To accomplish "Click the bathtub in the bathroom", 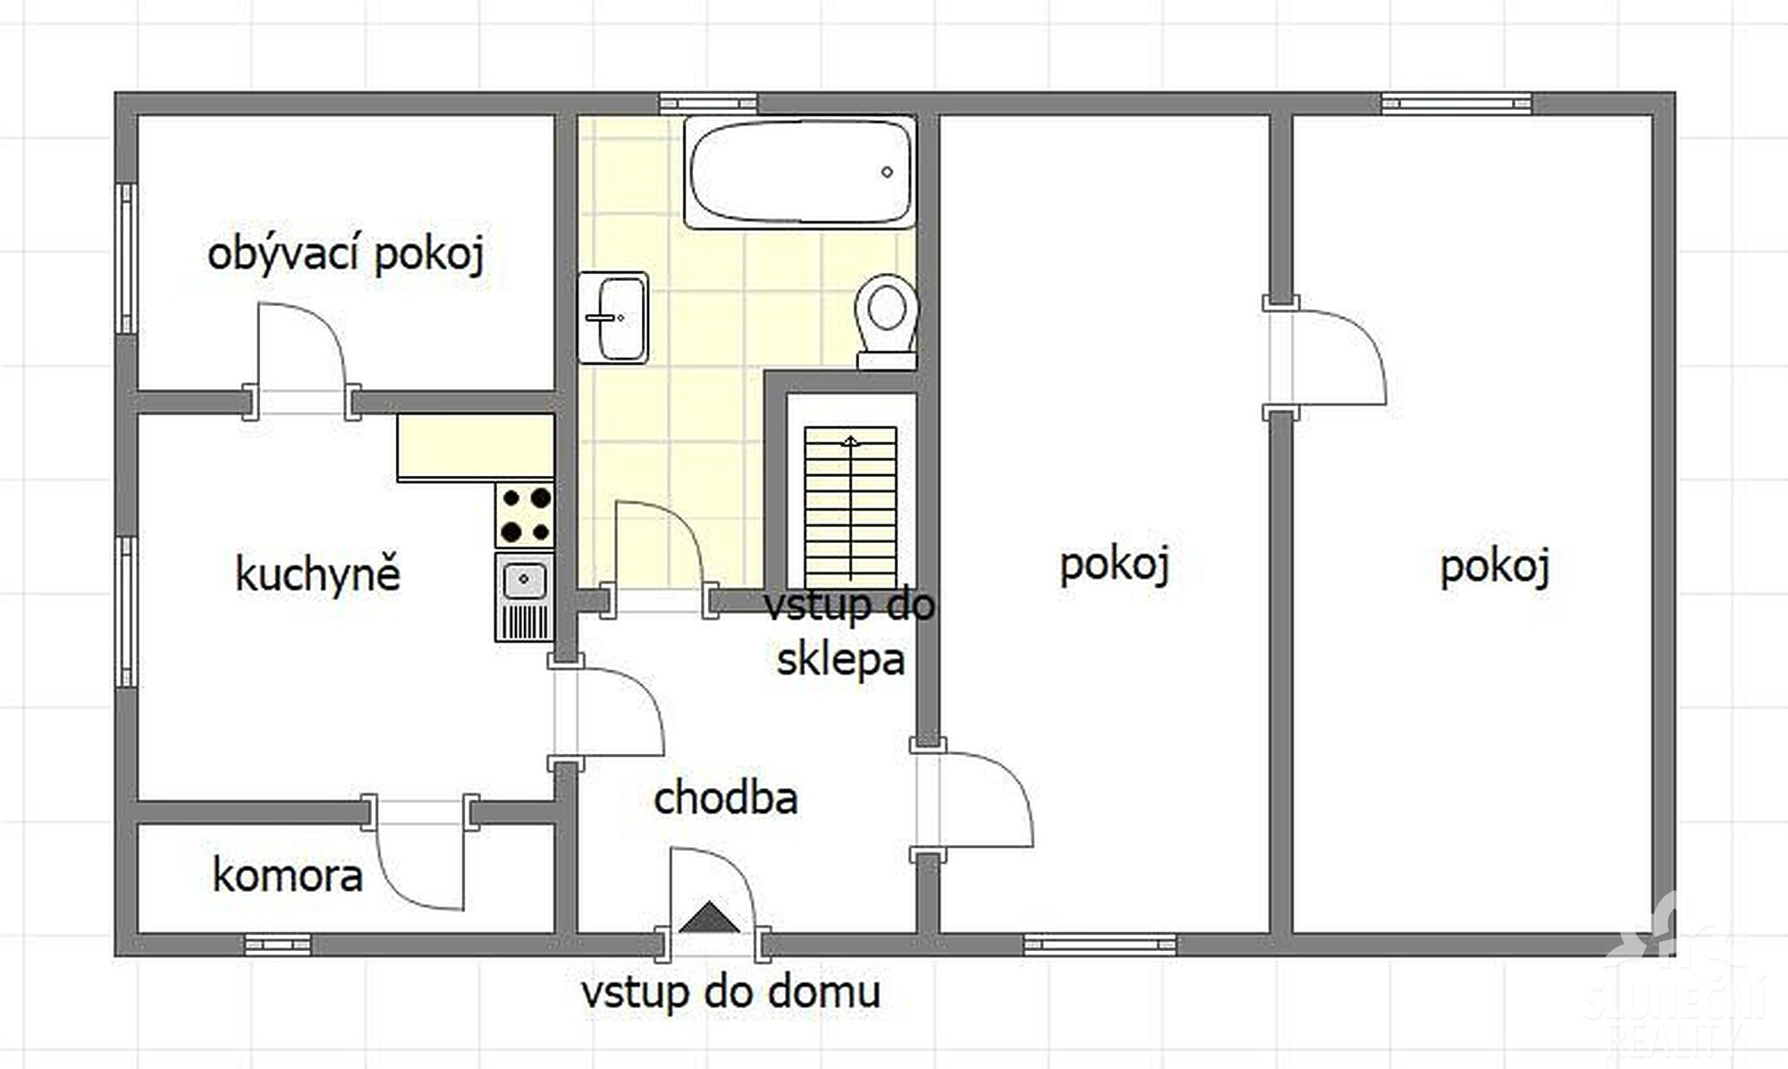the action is [800, 172].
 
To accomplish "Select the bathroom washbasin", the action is [612, 318].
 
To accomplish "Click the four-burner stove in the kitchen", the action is [525, 514].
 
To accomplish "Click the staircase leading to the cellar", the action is [850, 506].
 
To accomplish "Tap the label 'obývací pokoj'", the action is [346, 254].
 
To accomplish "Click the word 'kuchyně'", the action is [317, 573].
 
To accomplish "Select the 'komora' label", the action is [287, 875].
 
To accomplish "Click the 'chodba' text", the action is [725, 798].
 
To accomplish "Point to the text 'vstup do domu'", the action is [730, 992].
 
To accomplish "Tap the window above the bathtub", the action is [708, 104].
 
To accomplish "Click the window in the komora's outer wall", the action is [278, 945].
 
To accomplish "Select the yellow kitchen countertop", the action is [476, 446].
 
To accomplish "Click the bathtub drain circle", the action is [887, 172].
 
